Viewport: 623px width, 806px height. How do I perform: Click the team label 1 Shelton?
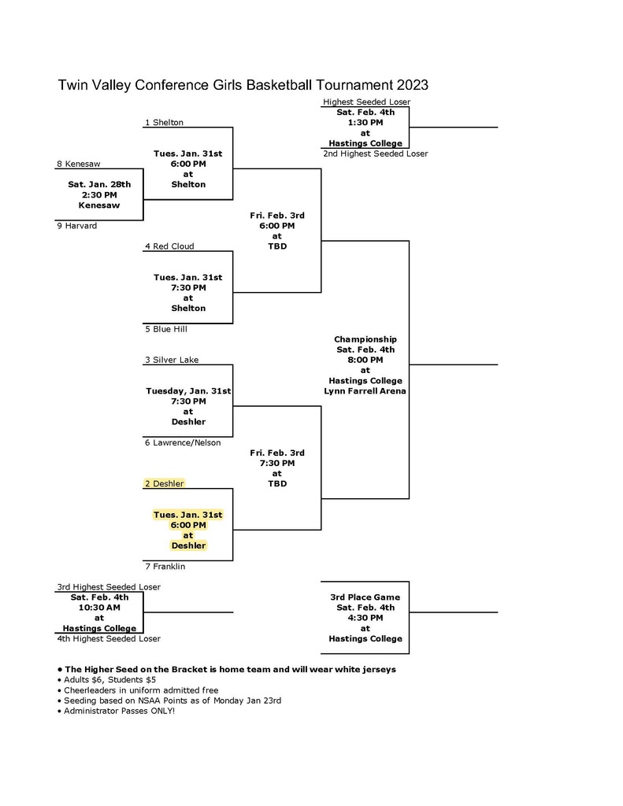(164, 122)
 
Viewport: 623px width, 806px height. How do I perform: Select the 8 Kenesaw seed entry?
(79, 164)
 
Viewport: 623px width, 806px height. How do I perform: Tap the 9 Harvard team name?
(76, 226)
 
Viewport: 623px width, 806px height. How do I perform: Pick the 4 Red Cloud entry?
(169, 246)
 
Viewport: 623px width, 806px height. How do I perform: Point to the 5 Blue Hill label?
(165, 329)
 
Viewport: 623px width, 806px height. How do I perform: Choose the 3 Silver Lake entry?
(172, 360)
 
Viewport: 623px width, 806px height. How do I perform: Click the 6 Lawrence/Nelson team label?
(183, 442)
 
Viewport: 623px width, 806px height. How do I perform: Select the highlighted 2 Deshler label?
(164, 484)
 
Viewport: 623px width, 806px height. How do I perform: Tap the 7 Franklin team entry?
(165, 567)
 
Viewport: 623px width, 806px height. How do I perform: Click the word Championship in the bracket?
(365, 339)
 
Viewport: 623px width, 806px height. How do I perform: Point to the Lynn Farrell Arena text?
(365, 391)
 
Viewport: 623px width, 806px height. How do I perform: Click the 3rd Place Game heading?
(365, 597)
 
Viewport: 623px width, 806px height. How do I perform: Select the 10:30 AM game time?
(99, 608)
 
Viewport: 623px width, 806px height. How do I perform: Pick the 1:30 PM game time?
(365, 123)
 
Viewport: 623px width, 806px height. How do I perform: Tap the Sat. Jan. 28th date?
(99, 184)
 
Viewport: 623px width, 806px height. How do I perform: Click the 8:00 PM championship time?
(365, 360)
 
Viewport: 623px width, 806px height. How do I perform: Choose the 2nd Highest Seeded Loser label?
(376, 153)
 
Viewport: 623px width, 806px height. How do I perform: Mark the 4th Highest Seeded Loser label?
(109, 639)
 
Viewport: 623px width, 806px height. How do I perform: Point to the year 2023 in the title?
(412, 85)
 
